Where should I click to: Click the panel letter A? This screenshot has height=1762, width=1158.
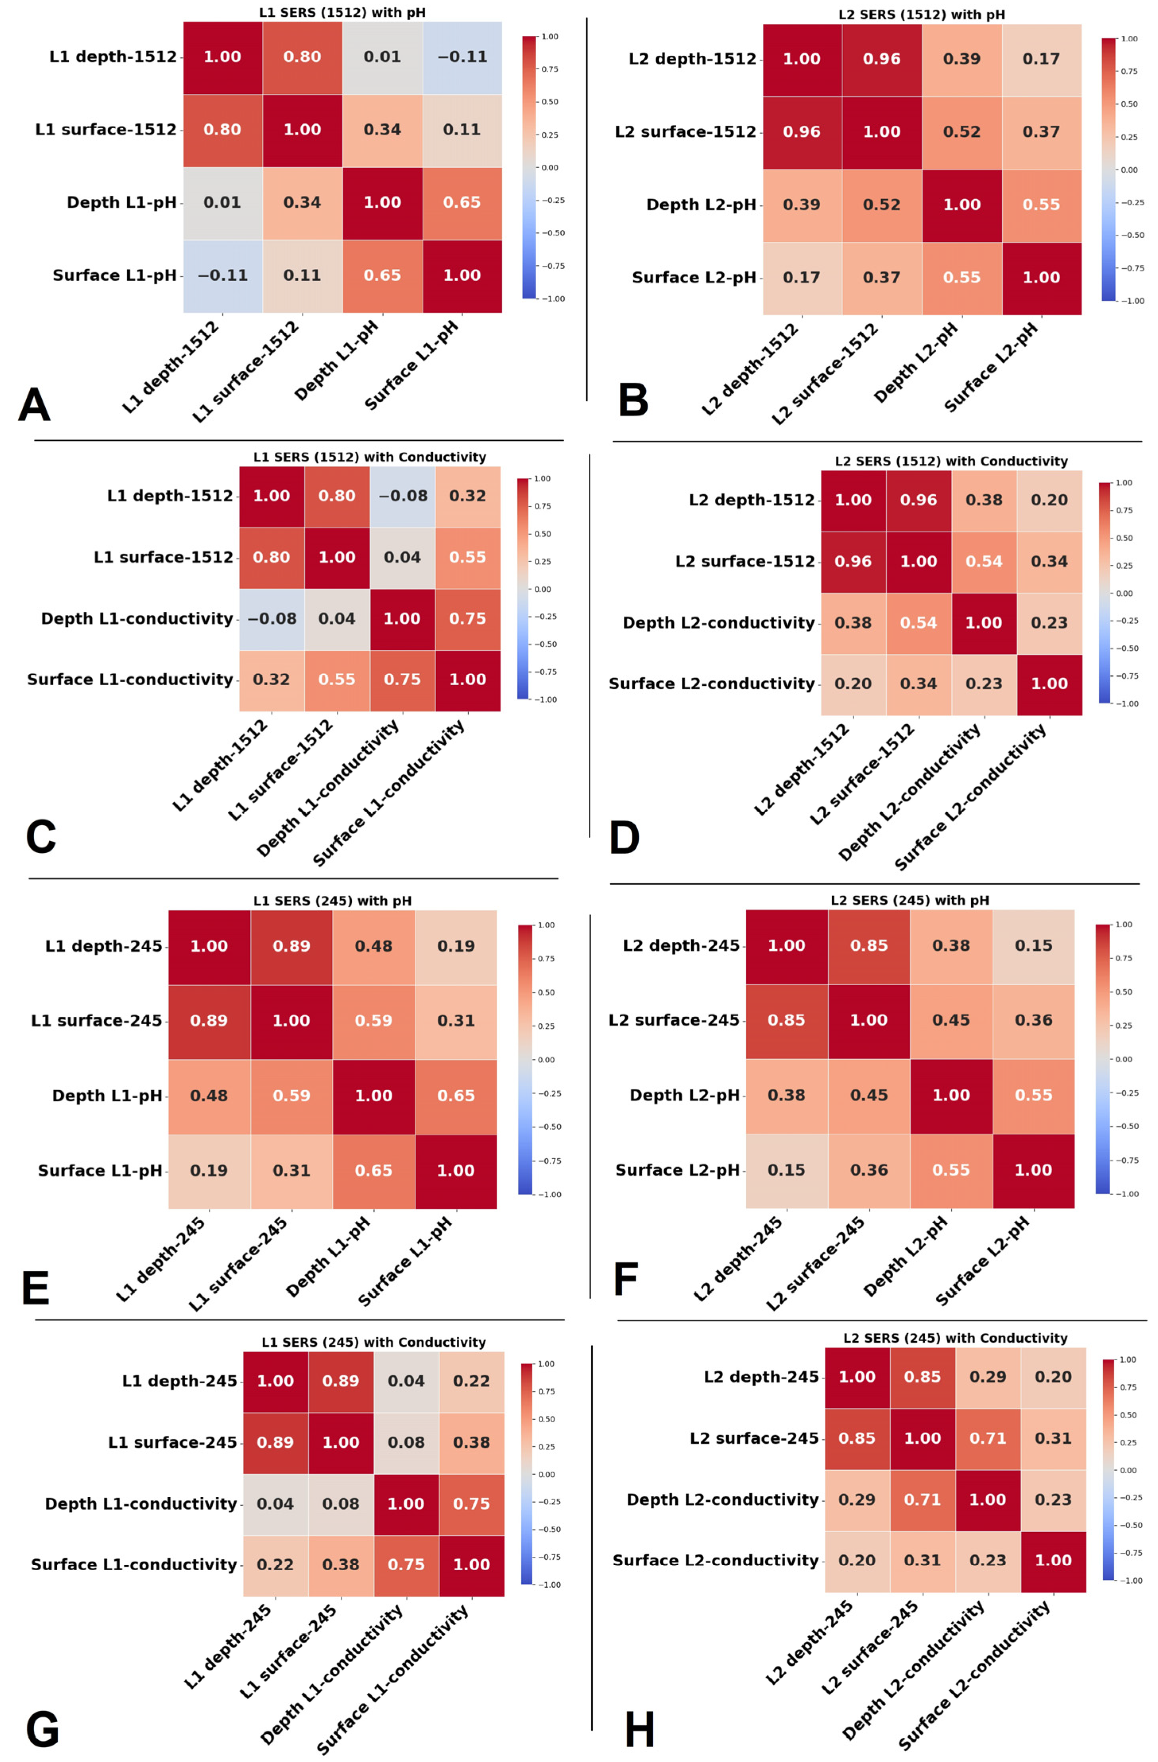pyautogui.click(x=34, y=406)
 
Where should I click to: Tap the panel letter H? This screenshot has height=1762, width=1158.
pyautogui.click(x=639, y=1731)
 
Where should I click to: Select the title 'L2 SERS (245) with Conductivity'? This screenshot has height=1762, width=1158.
pyautogui.click(x=955, y=1338)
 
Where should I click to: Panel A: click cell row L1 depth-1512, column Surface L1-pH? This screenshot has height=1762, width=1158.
pyautogui.click(x=462, y=57)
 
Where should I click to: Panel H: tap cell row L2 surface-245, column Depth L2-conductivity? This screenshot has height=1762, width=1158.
pyautogui.click(x=988, y=1438)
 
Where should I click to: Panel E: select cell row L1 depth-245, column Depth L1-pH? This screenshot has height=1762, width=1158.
pyautogui.click(x=374, y=946)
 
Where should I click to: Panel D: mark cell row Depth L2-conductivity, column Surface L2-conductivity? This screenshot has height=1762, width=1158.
pyautogui.click(x=1049, y=622)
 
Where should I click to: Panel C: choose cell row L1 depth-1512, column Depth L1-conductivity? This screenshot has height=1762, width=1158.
pyautogui.click(x=403, y=496)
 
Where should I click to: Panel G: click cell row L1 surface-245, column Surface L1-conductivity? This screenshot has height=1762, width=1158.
pyautogui.click(x=471, y=1442)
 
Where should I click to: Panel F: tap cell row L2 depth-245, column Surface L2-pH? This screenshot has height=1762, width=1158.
pyautogui.click(x=1033, y=945)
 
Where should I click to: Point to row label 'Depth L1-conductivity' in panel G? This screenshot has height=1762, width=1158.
pyautogui.click(x=141, y=1503)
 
